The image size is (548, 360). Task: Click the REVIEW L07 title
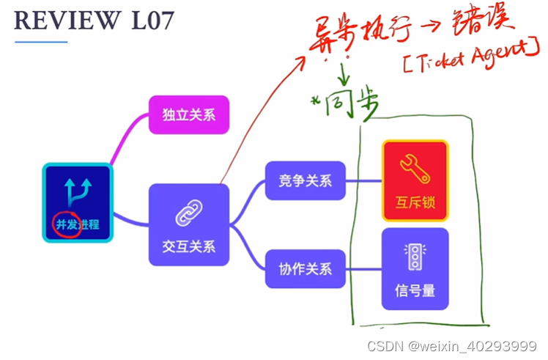(x=95, y=20)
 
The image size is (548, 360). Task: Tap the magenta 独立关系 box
(x=189, y=115)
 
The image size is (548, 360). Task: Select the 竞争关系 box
(x=306, y=180)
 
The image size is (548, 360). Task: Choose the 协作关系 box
(x=306, y=268)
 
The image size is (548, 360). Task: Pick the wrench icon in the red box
(x=415, y=169)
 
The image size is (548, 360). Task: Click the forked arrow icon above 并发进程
(x=78, y=191)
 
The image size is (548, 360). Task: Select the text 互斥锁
(x=415, y=201)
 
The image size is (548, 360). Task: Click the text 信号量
(x=415, y=290)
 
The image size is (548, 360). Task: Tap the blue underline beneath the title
(x=41, y=42)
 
